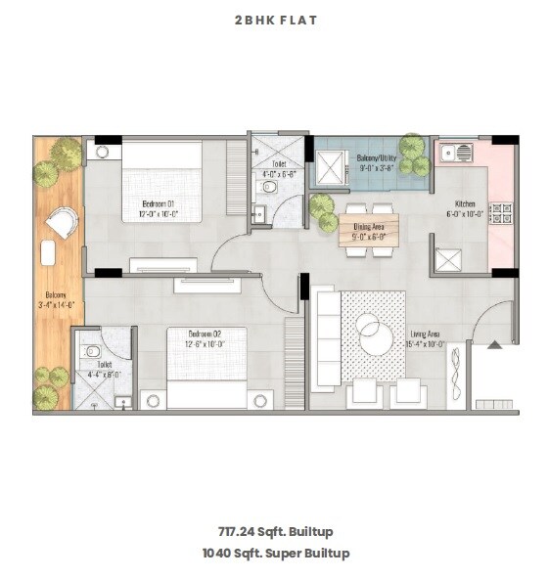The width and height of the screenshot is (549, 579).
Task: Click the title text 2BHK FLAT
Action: coord(275,20)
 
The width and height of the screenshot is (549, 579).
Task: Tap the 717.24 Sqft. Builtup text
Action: coord(275,532)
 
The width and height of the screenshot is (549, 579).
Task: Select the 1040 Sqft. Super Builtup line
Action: coord(275,553)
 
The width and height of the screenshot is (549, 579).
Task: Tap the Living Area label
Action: coord(425,339)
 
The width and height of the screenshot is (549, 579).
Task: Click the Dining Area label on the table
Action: coord(369,228)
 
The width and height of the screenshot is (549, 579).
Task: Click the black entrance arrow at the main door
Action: coord(495,343)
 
